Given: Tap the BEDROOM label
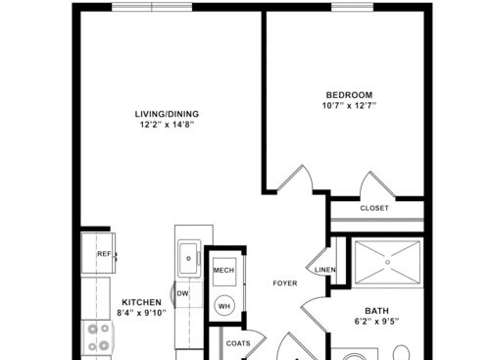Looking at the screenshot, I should tap(349, 95).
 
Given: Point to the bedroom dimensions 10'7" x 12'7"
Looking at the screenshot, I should tap(349, 106).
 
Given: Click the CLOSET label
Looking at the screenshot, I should tap(374, 208).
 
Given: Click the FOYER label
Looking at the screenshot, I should tap(284, 283).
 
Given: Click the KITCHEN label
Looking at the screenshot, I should tap(141, 302).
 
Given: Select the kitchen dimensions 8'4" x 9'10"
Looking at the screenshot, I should tap(141, 313).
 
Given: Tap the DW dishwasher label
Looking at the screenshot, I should tap(182, 292).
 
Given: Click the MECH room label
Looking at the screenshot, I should tap(223, 270).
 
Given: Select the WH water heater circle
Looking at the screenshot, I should tap(223, 306).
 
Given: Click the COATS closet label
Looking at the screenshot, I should tap(238, 343).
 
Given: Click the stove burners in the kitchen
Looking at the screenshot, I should tap(98, 337).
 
